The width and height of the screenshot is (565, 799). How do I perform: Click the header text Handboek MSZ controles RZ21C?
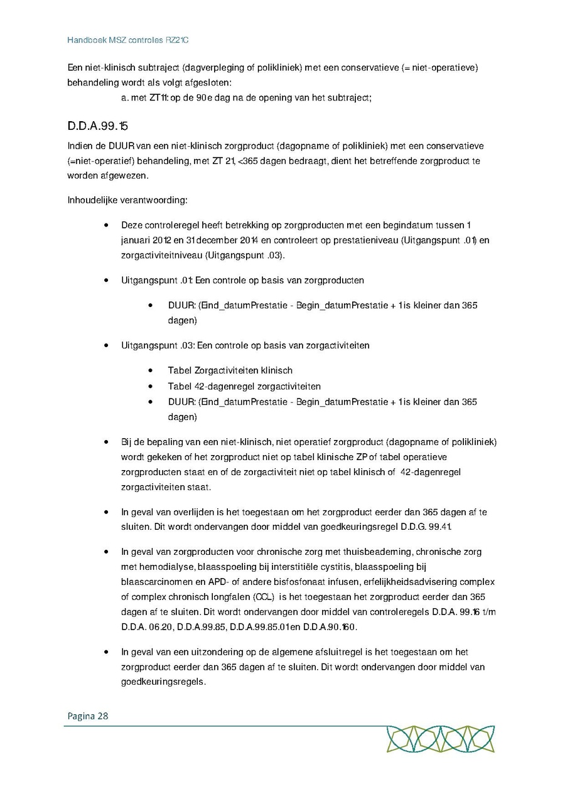[128, 40]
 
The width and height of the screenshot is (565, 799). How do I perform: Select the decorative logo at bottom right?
[440, 739]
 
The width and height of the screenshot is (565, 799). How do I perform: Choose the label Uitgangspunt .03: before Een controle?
[158, 345]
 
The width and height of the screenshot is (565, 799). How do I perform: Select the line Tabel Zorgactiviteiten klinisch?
[230, 370]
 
